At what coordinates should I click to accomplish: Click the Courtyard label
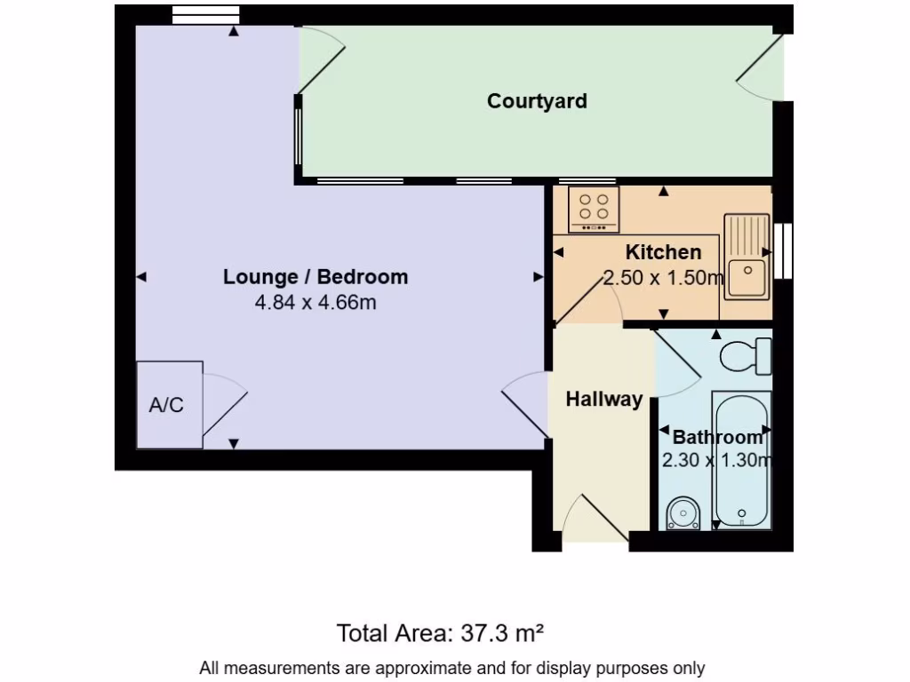click(537, 100)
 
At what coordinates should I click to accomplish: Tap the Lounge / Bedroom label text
click(315, 276)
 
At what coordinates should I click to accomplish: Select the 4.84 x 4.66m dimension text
click(315, 302)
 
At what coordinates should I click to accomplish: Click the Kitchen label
click(663, 252)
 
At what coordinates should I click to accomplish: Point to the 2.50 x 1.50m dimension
click(663, 278)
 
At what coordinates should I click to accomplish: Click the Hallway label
click(604, 400)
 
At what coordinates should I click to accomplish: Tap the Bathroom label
click(717, 437)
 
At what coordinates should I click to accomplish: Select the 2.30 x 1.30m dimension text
click(716, 460)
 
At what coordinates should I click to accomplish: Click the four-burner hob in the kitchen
click(594, 210)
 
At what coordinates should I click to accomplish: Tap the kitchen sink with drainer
click(746, 258)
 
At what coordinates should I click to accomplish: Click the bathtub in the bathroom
click(740, 460)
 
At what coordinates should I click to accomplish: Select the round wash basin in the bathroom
click(682, 513)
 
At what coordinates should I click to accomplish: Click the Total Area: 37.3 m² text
click(440, 633)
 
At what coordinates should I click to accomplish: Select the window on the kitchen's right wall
click(782, 250)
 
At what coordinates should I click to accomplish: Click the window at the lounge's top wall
click(205, 13)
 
